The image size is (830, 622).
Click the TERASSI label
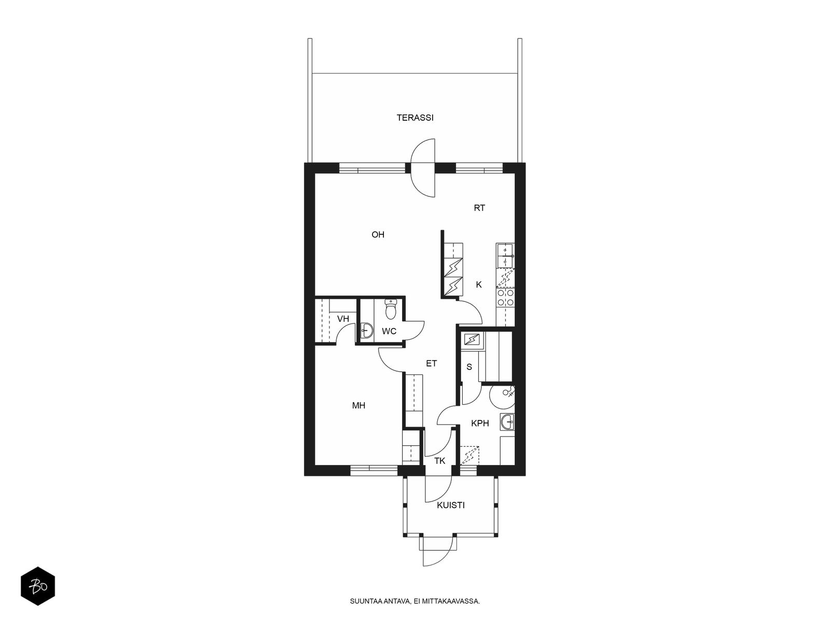(415, 118)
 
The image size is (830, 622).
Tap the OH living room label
(378, 235)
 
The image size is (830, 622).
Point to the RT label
(479, 208)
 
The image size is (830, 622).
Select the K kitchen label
(479, 285)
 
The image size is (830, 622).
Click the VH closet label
(343, 319)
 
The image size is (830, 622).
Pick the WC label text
(389, 332)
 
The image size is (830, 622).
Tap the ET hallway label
(432, 363)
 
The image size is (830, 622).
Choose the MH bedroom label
(358, 406)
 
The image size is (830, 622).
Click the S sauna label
(469, 366)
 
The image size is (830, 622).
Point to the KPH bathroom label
(480, 423)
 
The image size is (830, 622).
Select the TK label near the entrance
(440, 461)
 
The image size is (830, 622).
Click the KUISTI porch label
(451, 505)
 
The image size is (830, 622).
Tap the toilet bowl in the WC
(391, 309)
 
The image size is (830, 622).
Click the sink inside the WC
(366, 331)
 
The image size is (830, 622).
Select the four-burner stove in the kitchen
(506, 297)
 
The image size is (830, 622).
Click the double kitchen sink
(505, 256)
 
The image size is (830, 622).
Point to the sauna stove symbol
(472, 340)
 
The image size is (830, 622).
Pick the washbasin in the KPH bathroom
(507, 422)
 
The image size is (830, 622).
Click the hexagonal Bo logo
(38, 587)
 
